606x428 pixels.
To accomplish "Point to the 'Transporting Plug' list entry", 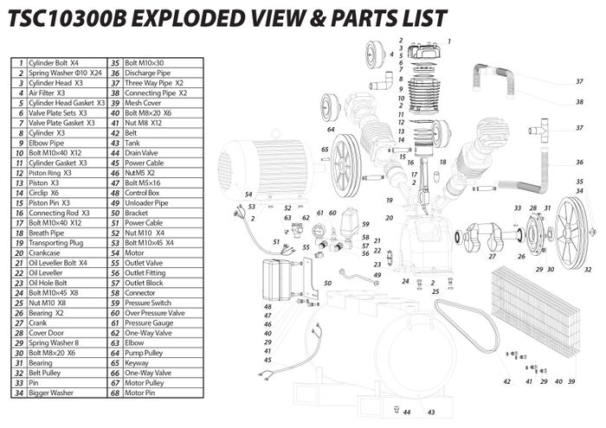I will coord(56,243).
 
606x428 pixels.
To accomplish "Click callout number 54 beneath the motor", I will coord(248,194).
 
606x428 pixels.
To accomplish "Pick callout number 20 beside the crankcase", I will coord(390,217).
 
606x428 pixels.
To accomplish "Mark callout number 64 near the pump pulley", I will coord(331,129).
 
